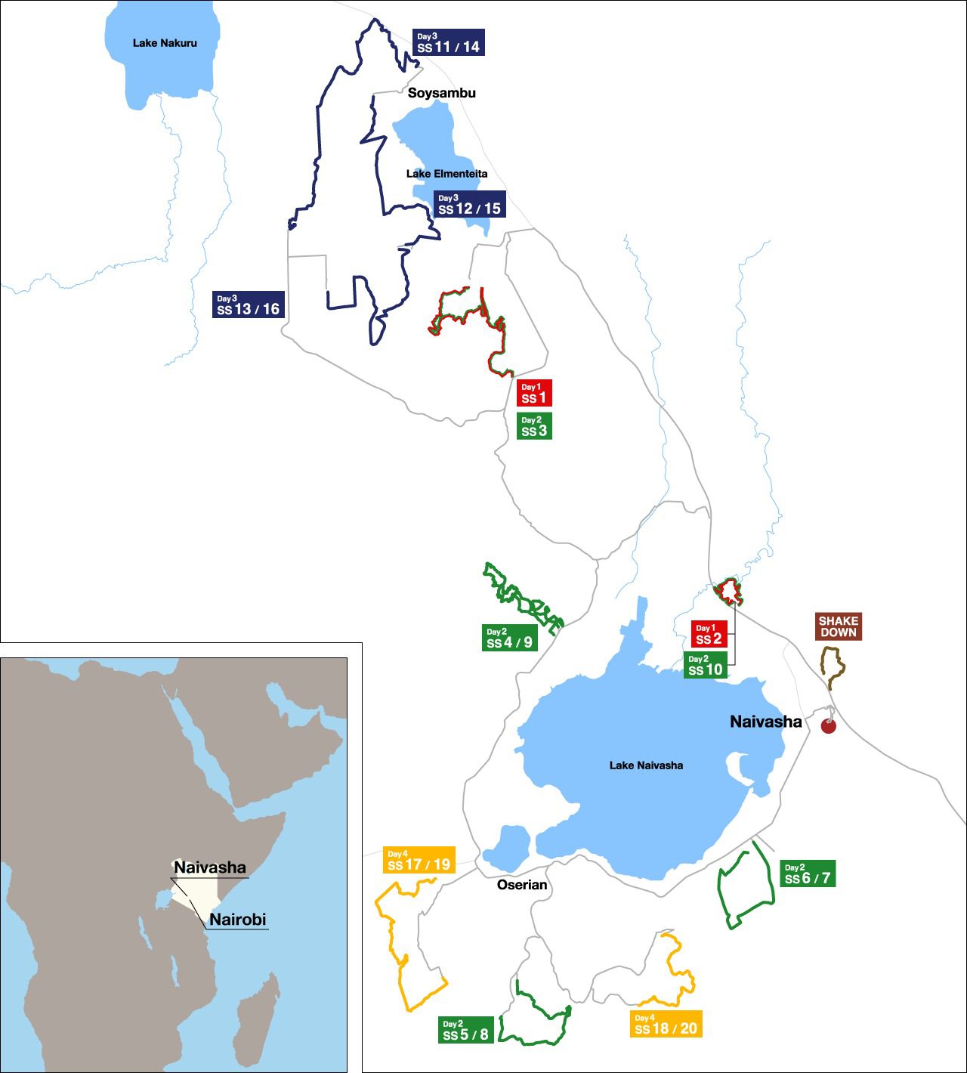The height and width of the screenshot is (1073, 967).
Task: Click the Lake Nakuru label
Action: pyautogui.click(x=165, y=43)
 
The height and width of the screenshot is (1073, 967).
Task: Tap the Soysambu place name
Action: pyautogui.click(x=442, y=93)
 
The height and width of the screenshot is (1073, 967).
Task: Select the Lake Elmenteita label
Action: pyautogui.click(x=446, y=174)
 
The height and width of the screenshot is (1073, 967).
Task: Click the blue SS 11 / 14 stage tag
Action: pyautogui.click(x=449, y=42)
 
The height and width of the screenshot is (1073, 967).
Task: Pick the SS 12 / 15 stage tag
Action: pyautogui.click(x=469, y=204)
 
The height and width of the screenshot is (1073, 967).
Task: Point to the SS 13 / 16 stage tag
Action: pyautogui.click(x=248, y=305)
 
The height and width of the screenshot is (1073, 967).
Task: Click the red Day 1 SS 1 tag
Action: pyautogui.click(x=534, y=393)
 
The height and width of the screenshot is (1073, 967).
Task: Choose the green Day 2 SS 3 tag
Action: pyautogui.click(x=534, y=426)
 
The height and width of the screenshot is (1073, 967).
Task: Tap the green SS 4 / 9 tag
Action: pyautogui.click(x=510, y=638)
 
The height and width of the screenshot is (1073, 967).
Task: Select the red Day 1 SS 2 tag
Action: pyautogui.click(x=709, y=634)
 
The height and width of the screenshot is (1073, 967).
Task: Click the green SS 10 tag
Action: pyautogui.click(x=706, y=665)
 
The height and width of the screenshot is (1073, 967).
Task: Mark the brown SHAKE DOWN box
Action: pyautogui.click(x=839, y=626)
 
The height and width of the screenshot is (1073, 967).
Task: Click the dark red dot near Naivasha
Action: pyautogui.click(x=829, y=726)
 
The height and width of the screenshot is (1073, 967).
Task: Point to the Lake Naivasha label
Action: pyautogui.click(x=646, y=765)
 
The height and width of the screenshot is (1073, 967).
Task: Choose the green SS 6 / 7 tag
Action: pyautogui.click(x=808, y=874)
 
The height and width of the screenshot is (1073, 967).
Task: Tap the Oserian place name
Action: pyautogui.click(x=522, y=885)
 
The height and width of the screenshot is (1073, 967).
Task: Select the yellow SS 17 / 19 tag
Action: pyautogui.click(x=419, y=860)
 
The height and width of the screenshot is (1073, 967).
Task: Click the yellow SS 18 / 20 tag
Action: pyautogui.click(x=666, y=1024)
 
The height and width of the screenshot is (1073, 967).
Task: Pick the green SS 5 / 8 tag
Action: pyautogui.click(x=466, y=1030)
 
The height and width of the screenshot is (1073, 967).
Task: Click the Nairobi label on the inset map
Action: pyautogui.click(x=237, y=920)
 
